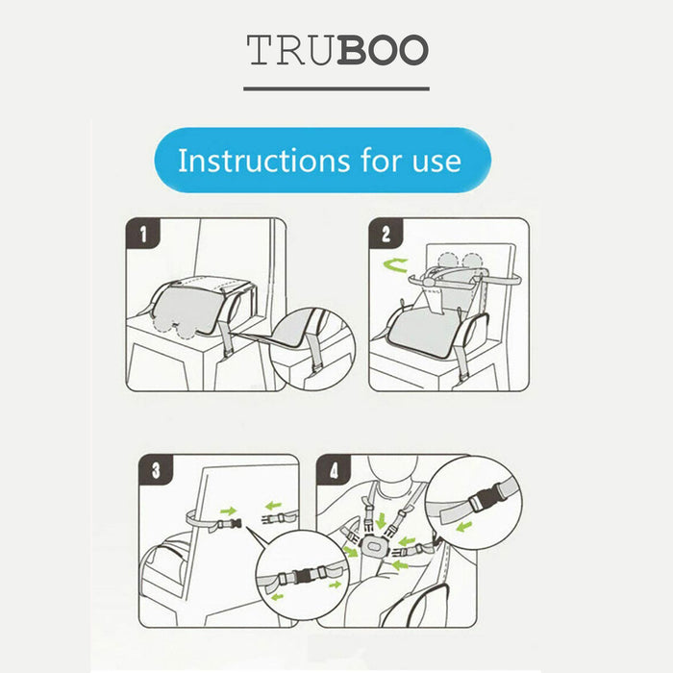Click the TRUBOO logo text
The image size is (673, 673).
(x=337, y=50)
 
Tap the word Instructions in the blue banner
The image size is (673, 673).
(x=264, y=161)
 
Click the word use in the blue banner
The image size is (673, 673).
(x=436, y=162)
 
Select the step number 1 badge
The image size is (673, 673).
(x=143, y=234)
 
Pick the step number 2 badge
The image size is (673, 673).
(x=386, y=234)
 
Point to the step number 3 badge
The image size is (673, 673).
(x=156, y=470)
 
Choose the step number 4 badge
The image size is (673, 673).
(x=334, y=470)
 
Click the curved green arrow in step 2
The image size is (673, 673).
(x=395, y=265)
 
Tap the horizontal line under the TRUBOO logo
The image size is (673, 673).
(x=336, y=88)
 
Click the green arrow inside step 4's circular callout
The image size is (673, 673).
(x=464, y=526)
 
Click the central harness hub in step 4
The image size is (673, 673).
(x=371, y=546)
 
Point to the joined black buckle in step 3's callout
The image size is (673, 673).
(x=304, y=576)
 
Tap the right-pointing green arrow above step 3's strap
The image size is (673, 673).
(x=229, y=511)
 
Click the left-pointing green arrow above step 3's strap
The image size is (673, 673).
(x=273, y=506)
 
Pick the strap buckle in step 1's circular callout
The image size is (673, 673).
(x=316, y=368)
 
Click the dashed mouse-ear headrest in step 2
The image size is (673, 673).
(x=461, y=262)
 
